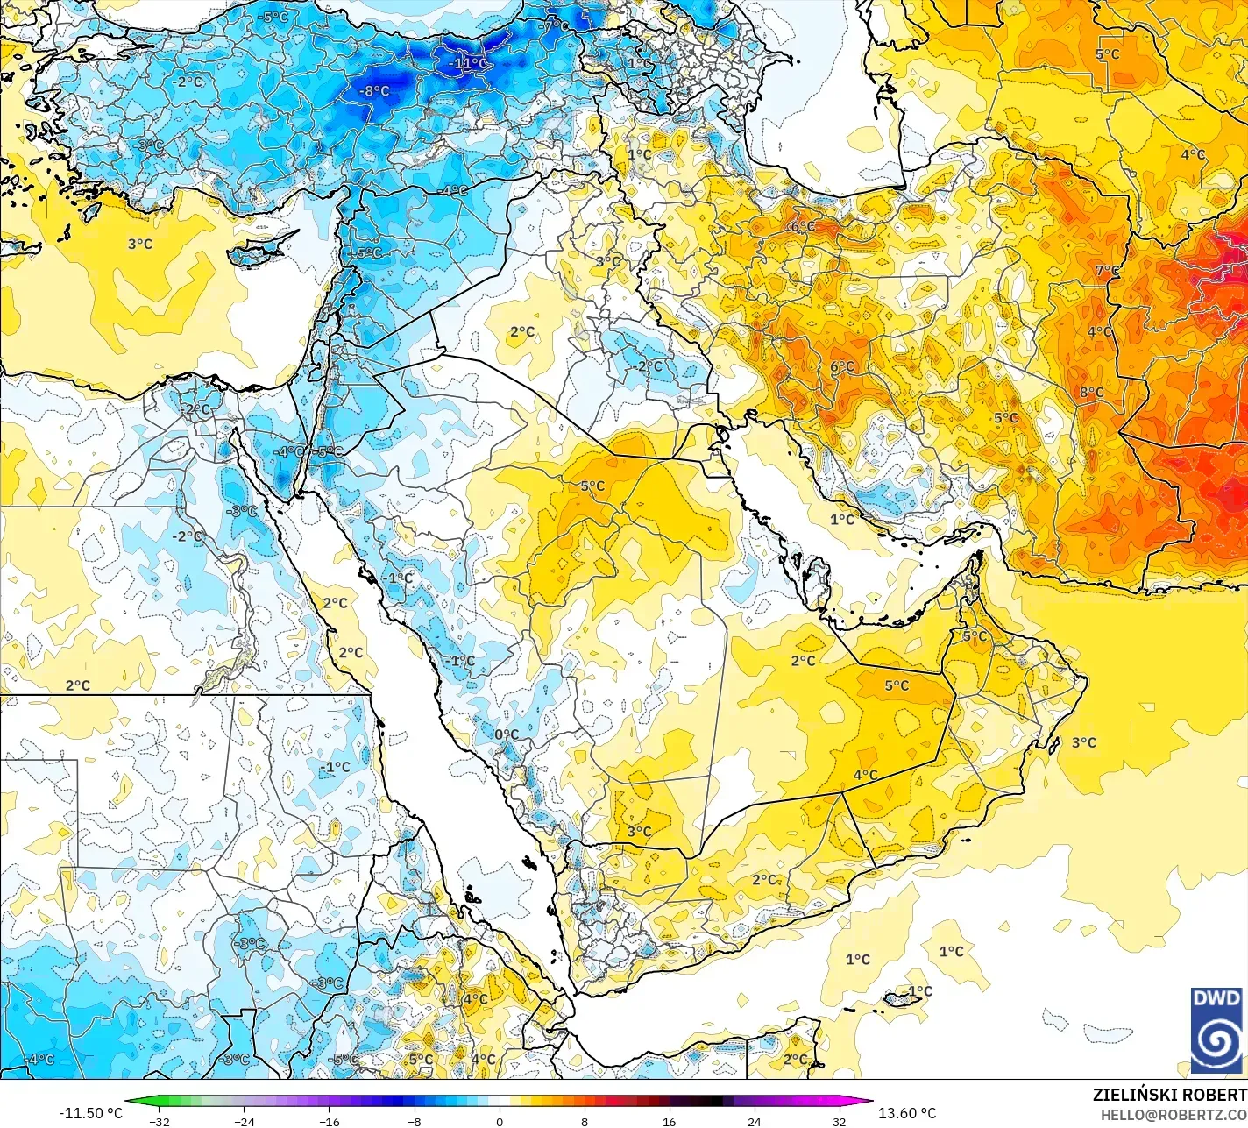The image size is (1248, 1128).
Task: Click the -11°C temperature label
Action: (468, 63)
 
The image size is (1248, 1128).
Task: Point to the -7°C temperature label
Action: (552, 26)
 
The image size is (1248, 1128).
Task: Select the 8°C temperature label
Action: (1091, 392)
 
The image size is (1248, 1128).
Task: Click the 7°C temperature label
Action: (1107, 271)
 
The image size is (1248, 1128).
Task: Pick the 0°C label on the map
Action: (507, 734)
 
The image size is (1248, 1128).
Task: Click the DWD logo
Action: (1216, 1030)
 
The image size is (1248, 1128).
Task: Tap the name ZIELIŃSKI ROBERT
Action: (1169, 1095)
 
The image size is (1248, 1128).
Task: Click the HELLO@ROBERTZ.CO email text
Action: (1174, 1114)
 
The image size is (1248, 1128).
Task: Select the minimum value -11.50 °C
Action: (91, 1113)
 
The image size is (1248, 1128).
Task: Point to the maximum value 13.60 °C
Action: (907, 1113)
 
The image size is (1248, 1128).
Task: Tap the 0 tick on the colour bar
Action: (500, 1121)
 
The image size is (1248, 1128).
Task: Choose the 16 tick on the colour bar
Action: (670, 1121)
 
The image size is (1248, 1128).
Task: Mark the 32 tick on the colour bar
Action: (840, 1121)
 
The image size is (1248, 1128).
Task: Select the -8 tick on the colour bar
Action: (415, 1121)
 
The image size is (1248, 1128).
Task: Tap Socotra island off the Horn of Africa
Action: (903, 998)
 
